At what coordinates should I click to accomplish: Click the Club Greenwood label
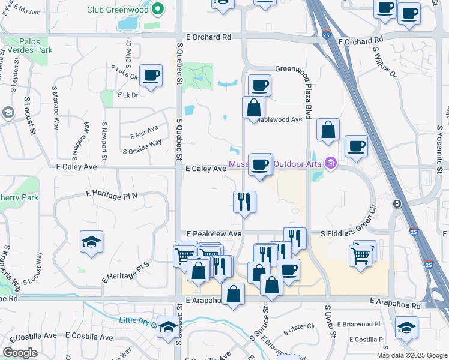[x=118, y=10]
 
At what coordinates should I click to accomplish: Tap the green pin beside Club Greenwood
[x=158, y=9]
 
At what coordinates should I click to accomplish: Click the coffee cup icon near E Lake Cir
[x=151, y=76]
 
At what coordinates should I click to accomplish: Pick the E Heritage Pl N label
[x=112, y=194]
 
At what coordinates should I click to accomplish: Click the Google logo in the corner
[x=20, y=353]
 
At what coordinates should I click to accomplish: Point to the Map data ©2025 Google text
[x=412, y=355]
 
